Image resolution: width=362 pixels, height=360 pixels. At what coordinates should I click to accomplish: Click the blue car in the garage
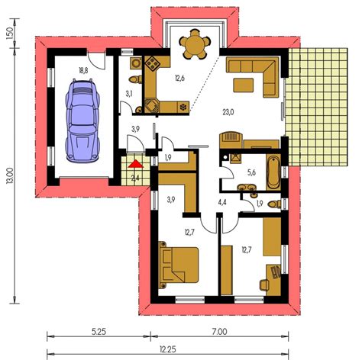[x=82, y=121]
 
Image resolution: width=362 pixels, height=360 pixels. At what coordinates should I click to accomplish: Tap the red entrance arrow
[x=136, y=164]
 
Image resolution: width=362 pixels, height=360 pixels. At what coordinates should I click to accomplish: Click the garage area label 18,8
[x=83, y=70]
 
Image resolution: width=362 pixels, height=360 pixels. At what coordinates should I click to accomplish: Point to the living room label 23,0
[x=228, y=112]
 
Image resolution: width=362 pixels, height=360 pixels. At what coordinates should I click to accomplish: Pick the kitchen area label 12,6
[x=179, y=78]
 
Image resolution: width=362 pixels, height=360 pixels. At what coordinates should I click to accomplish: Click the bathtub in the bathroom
[x=273, y=172]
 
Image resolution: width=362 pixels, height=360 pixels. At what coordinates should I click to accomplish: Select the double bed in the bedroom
[x=179, y=265]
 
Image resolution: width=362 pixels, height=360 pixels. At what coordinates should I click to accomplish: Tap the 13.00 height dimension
[x=11, y=175]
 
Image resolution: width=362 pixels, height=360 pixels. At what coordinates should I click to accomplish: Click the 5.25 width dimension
[x=99, y=332]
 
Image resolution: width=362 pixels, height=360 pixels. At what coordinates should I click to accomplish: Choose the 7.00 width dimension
[x=220, y=332]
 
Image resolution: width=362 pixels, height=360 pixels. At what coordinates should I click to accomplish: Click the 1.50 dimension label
[x=9, y=33]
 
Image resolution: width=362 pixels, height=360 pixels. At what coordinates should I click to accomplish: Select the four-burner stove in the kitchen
[x=152, y=63]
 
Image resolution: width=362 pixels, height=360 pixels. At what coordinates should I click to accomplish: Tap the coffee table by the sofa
[x=244, y=85]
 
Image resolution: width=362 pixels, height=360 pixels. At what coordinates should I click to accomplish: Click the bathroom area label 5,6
[x=251, y=172]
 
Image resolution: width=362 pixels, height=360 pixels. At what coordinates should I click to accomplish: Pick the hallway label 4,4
[x=222, y=202]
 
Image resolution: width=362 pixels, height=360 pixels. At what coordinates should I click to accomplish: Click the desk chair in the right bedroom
[x=264, y=284]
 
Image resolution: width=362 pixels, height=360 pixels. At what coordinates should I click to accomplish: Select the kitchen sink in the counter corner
[x=152, y=106]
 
